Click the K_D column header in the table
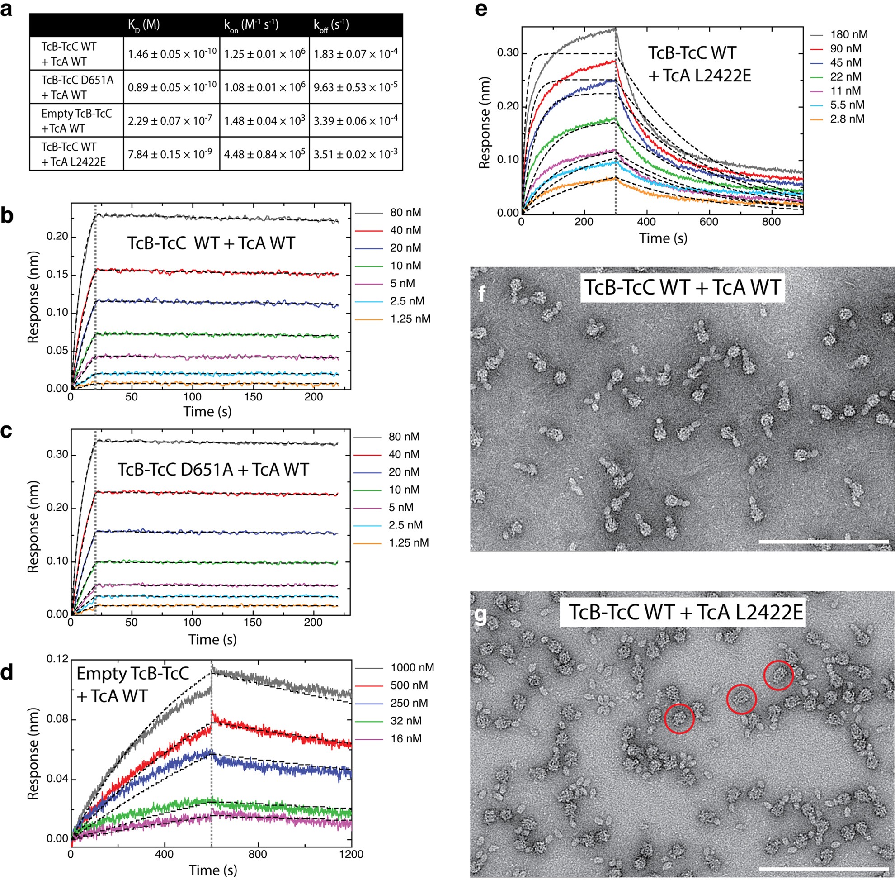144,24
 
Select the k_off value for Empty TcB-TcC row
355,120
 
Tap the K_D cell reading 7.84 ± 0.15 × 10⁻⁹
171,154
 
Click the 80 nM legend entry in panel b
405,213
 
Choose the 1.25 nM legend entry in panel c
408,542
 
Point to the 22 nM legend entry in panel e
845,77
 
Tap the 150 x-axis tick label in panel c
253,623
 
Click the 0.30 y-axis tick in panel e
508,53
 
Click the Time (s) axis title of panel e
663,238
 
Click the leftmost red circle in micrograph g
679,718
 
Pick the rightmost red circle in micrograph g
778,675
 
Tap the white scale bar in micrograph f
823,540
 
